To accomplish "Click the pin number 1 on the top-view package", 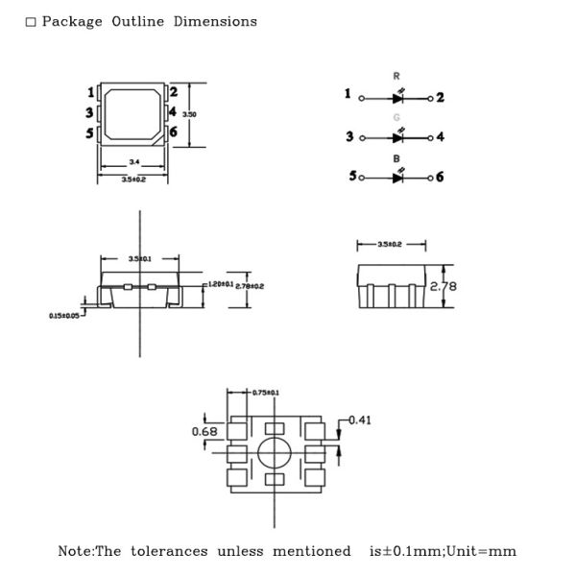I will [x=91, y=92].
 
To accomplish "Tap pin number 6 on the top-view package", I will [x=174, y=132].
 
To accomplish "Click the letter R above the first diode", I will [x=396, y=76].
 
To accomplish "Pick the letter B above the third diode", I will [x=396, y=157].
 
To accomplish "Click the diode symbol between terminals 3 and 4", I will [x=397, y=137].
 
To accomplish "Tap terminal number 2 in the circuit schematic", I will [x=440, y=97].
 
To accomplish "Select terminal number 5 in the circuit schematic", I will [x=352, y=177].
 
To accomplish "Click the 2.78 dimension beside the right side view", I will [x=443, y=286].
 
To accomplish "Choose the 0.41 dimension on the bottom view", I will [x=359, y=420].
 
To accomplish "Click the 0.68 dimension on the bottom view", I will [x=204, y=431].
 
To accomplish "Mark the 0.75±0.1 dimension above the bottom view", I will [x=265, y=393].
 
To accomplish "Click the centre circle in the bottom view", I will [x=274, y=452].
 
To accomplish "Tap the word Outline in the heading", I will [x=137, y=21].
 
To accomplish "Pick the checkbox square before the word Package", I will [x=31, y=22].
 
